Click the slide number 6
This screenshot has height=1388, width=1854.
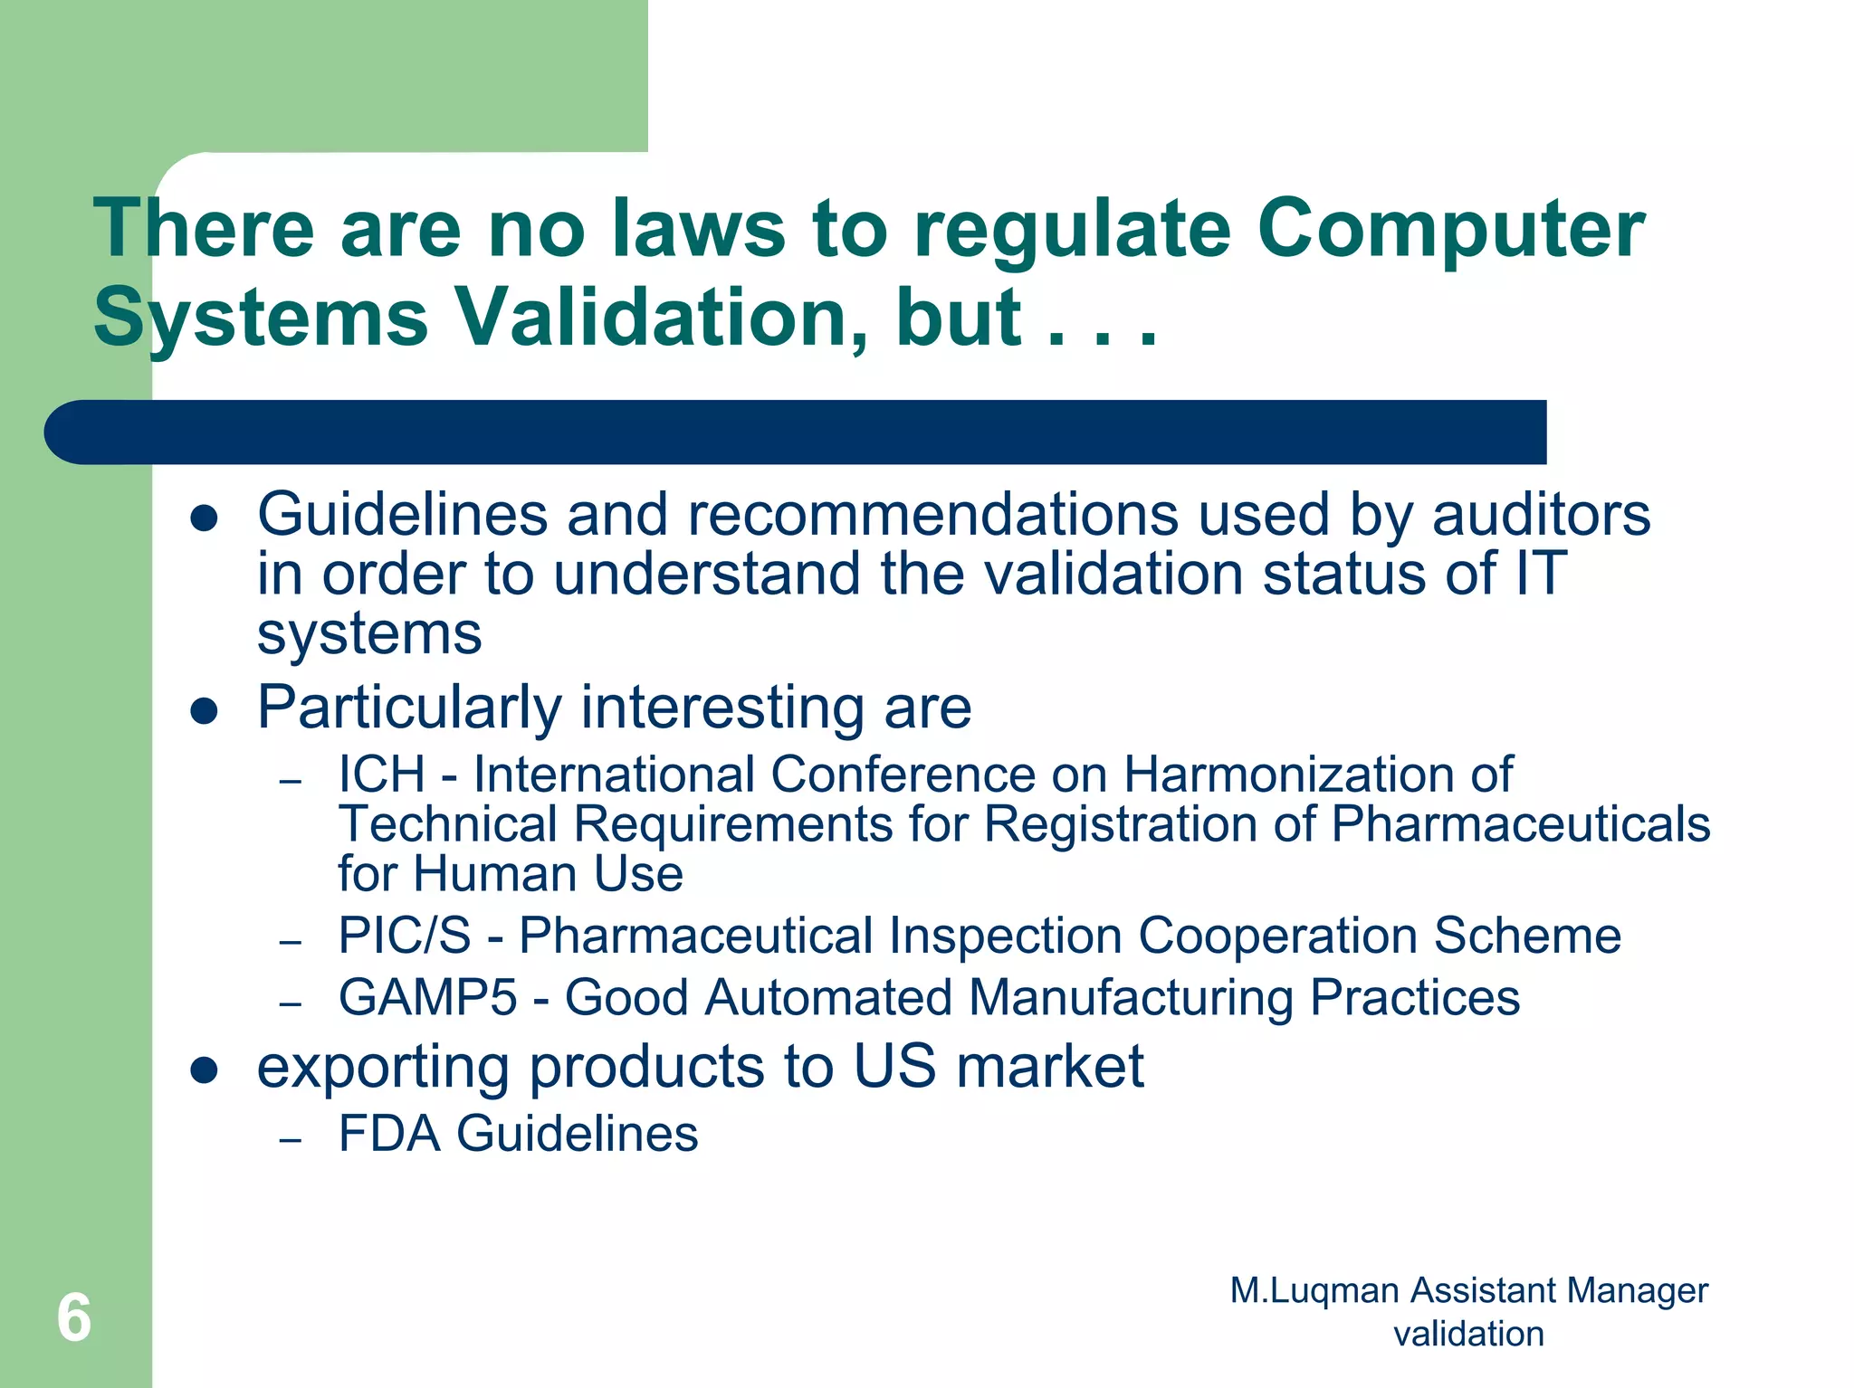[74, 1317]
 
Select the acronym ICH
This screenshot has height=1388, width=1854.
[381, 775]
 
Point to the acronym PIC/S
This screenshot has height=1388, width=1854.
[405, 936]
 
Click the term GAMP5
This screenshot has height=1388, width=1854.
[427, 999]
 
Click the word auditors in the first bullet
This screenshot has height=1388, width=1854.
[1541, 516]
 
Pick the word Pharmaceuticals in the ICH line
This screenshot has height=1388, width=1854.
[1520, 825]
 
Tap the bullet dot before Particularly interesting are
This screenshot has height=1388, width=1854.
[205, 711]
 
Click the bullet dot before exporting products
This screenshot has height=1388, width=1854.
[205, 1070]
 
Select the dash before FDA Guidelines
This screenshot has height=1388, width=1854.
[290, 1140]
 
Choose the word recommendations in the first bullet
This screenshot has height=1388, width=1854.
[932, 516]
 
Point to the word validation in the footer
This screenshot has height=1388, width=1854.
[1468, 1335]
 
